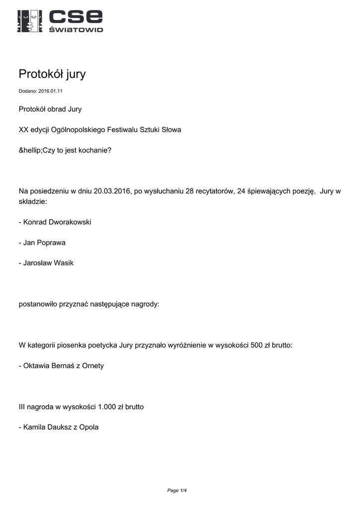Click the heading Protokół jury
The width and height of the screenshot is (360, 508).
[x=52, y=74]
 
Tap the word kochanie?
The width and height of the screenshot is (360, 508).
[x=95, y=150]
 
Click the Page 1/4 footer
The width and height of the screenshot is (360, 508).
[x=177, y=491]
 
